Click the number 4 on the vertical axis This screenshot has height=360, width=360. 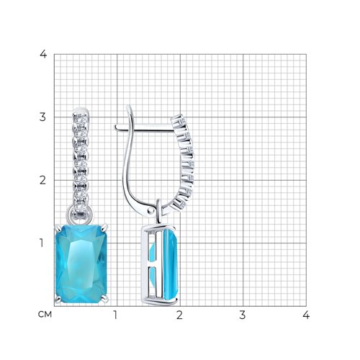click(x=43, y=54)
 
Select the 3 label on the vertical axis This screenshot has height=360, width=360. click(x=42, y=117)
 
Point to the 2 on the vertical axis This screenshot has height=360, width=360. click(x=42, y=180)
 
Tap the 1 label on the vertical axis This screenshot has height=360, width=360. click(x=42, y=243)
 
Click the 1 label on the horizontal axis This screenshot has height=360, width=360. click(x=115, y=315)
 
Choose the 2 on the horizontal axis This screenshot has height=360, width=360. click(x=179, y=315)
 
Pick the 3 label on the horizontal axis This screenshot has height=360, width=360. click(x=243, y=315)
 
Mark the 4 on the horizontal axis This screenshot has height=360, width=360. click(x=306, y=315)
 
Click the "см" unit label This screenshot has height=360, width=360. click(x=45, y=315)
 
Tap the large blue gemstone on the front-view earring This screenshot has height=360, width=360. click(x=81, y=264)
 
